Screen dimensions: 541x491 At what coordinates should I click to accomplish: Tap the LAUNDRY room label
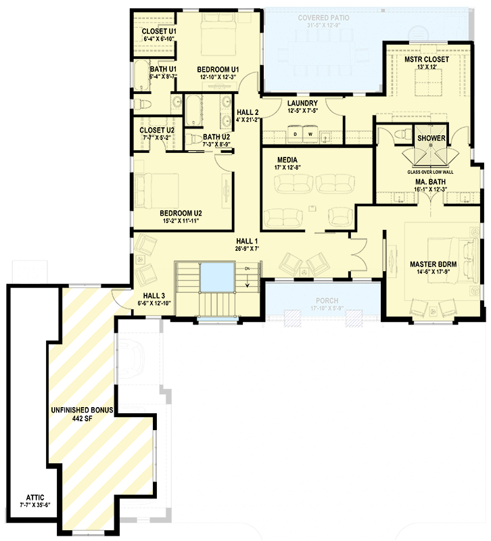(x=302, y=103)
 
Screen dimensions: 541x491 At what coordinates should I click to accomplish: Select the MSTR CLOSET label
(x=427, y=60)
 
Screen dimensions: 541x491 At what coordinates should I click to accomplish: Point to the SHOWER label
(x=431, y=138)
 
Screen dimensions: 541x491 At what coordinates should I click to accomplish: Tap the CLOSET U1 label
(x=159, y=31)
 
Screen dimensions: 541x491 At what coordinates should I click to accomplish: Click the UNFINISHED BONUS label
(x=80, y=410)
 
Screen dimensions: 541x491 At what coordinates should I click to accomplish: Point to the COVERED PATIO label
(x=323, y=17)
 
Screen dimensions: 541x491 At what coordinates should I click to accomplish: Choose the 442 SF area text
(x=80, y=419)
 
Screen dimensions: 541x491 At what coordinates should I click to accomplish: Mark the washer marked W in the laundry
(x=310, y=134)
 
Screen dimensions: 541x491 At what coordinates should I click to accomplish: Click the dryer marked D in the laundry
(x=295, y=134)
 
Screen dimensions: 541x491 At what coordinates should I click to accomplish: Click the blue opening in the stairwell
(x=217, y=277)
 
